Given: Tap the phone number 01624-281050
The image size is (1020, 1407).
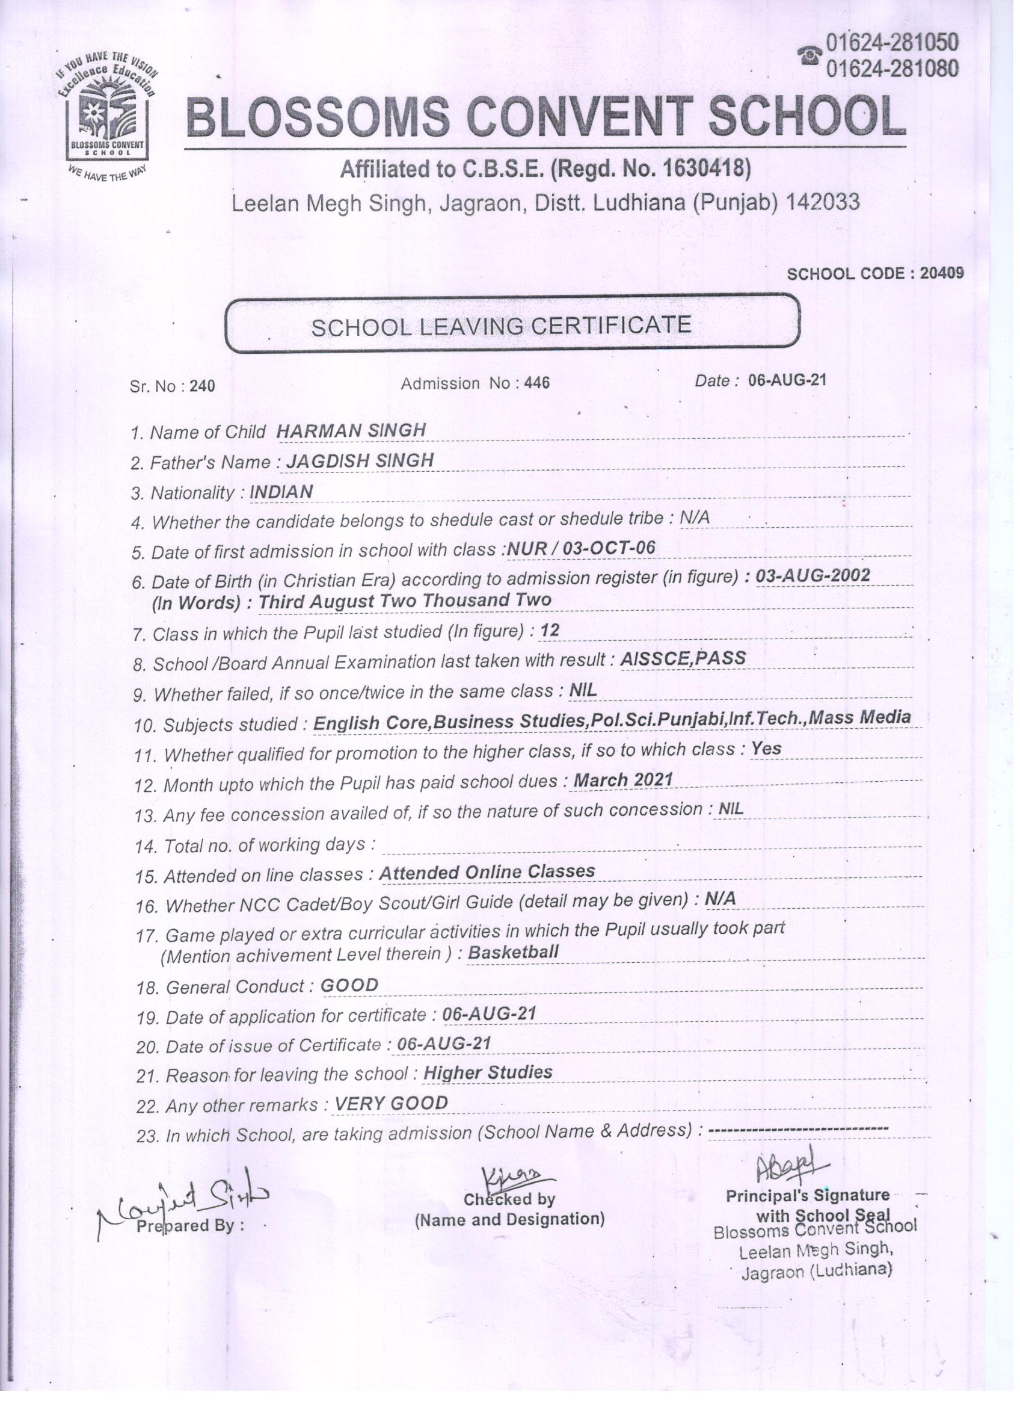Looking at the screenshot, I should pos(892,43).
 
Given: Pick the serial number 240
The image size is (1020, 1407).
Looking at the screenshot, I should pos(202,386).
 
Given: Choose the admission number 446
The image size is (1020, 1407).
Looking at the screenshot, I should pos(537,383).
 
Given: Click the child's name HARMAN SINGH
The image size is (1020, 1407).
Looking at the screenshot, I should pos(351,430).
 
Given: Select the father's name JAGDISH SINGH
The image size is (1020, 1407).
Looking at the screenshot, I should pos(360,460).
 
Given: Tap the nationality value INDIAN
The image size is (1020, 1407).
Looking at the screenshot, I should pos(281,492).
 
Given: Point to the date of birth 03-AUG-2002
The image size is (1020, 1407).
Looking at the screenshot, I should pos(813,576).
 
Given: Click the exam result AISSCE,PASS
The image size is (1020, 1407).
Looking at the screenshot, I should pos(683,658).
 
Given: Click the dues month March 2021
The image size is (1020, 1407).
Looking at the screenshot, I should pos(623,780).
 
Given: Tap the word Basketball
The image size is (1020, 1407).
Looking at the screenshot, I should pos(513,951).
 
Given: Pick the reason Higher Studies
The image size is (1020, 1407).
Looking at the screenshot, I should pos(488,1072).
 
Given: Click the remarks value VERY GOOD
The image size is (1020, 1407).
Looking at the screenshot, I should pos(391,1103).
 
